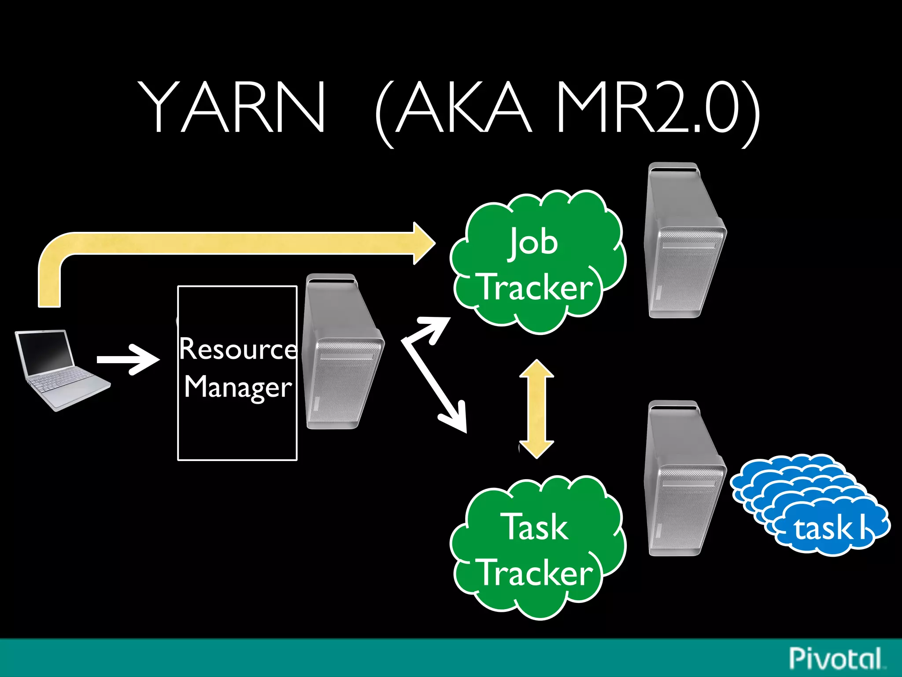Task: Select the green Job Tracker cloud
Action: click(537, 264)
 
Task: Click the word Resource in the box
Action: click(238, 349)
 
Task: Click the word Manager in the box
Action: click(238, 387)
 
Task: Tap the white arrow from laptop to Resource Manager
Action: click(128, 360)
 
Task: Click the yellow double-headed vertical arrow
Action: click(536, 409)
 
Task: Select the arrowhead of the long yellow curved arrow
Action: click(423, 243)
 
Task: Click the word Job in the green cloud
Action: click(534, 243)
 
